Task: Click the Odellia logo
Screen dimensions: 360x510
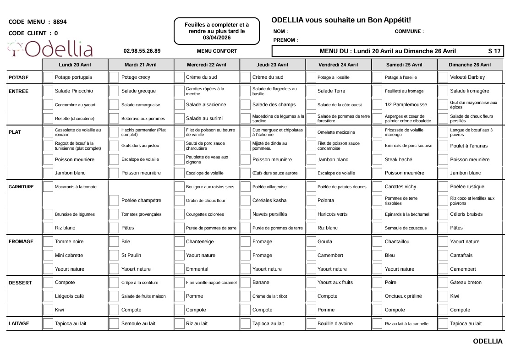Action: (x=50, y=49)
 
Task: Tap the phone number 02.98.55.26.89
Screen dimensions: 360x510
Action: (x=142, y=51)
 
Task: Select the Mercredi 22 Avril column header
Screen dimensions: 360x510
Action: (x=206, y=65)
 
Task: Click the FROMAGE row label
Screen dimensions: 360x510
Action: (x=21, y=242)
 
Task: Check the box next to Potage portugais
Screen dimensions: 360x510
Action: (x=48, y=77)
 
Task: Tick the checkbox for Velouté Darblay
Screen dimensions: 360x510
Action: (x=443, y=77)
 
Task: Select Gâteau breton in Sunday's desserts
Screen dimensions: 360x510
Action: (x=466, y=283)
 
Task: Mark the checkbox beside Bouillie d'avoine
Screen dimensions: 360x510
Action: (x=311, y=324)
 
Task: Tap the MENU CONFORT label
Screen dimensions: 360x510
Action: (x=217, y=51)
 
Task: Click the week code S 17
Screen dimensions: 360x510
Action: (x=494, y=51)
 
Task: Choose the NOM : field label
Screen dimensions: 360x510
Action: (x=280, y=32)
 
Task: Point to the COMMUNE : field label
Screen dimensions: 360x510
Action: (x=409, y=32)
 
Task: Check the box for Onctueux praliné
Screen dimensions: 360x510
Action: (x=378, y=296)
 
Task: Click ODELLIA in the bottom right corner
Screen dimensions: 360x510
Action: (x=488, y=341)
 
